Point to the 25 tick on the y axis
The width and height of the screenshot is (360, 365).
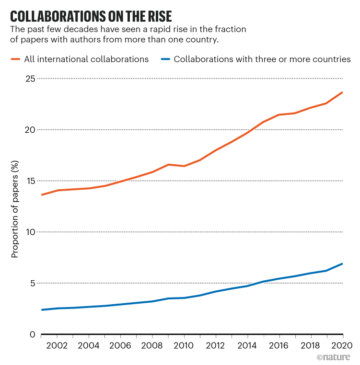[30, 78]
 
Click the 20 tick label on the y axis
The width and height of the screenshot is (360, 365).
[30, 129]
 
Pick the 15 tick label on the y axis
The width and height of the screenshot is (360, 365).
[30, 181]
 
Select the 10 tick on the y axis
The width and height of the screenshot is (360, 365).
[30, 232]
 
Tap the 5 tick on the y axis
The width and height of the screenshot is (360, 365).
[32, 283]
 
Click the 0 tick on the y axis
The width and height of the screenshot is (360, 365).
[32, 334]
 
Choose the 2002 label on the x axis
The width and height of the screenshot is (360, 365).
[58, 346]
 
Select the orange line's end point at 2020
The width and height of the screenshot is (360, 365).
[342, 92]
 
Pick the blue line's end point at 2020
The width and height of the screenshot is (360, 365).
[342, 264]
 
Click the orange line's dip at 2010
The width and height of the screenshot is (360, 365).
[184, 166]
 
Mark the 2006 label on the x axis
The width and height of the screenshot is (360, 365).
[121, 346]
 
